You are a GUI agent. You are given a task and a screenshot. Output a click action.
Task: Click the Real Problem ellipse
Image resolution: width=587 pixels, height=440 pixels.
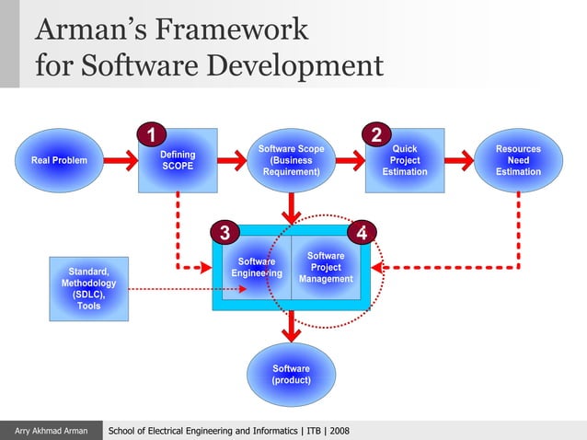click(59, 160)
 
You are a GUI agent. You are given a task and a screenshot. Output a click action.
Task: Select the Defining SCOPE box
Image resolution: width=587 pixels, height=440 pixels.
click(178, 160)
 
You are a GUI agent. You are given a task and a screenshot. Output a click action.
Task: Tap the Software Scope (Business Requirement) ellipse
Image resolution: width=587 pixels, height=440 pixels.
click(291, 160)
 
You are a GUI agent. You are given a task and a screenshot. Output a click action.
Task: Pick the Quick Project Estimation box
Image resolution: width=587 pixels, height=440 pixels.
click(405, 160)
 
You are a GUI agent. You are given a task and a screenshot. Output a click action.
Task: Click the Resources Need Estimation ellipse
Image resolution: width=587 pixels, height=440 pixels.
click(518, 160)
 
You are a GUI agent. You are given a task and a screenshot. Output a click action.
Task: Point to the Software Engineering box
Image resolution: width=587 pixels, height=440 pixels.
click(254, 268)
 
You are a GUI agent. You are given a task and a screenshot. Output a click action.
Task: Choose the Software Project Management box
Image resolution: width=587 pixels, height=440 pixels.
click(329, 268)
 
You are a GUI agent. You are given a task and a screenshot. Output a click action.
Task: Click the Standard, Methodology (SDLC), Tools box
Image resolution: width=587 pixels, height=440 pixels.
click(88, 289)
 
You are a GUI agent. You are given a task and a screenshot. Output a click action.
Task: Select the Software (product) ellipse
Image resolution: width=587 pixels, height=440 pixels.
click(291, 375)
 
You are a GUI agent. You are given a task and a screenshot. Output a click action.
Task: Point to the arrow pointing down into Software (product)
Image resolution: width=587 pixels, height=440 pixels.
click(291, 325)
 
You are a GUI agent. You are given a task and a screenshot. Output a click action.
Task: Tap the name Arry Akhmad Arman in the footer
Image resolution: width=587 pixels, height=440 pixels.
click(51, 431)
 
